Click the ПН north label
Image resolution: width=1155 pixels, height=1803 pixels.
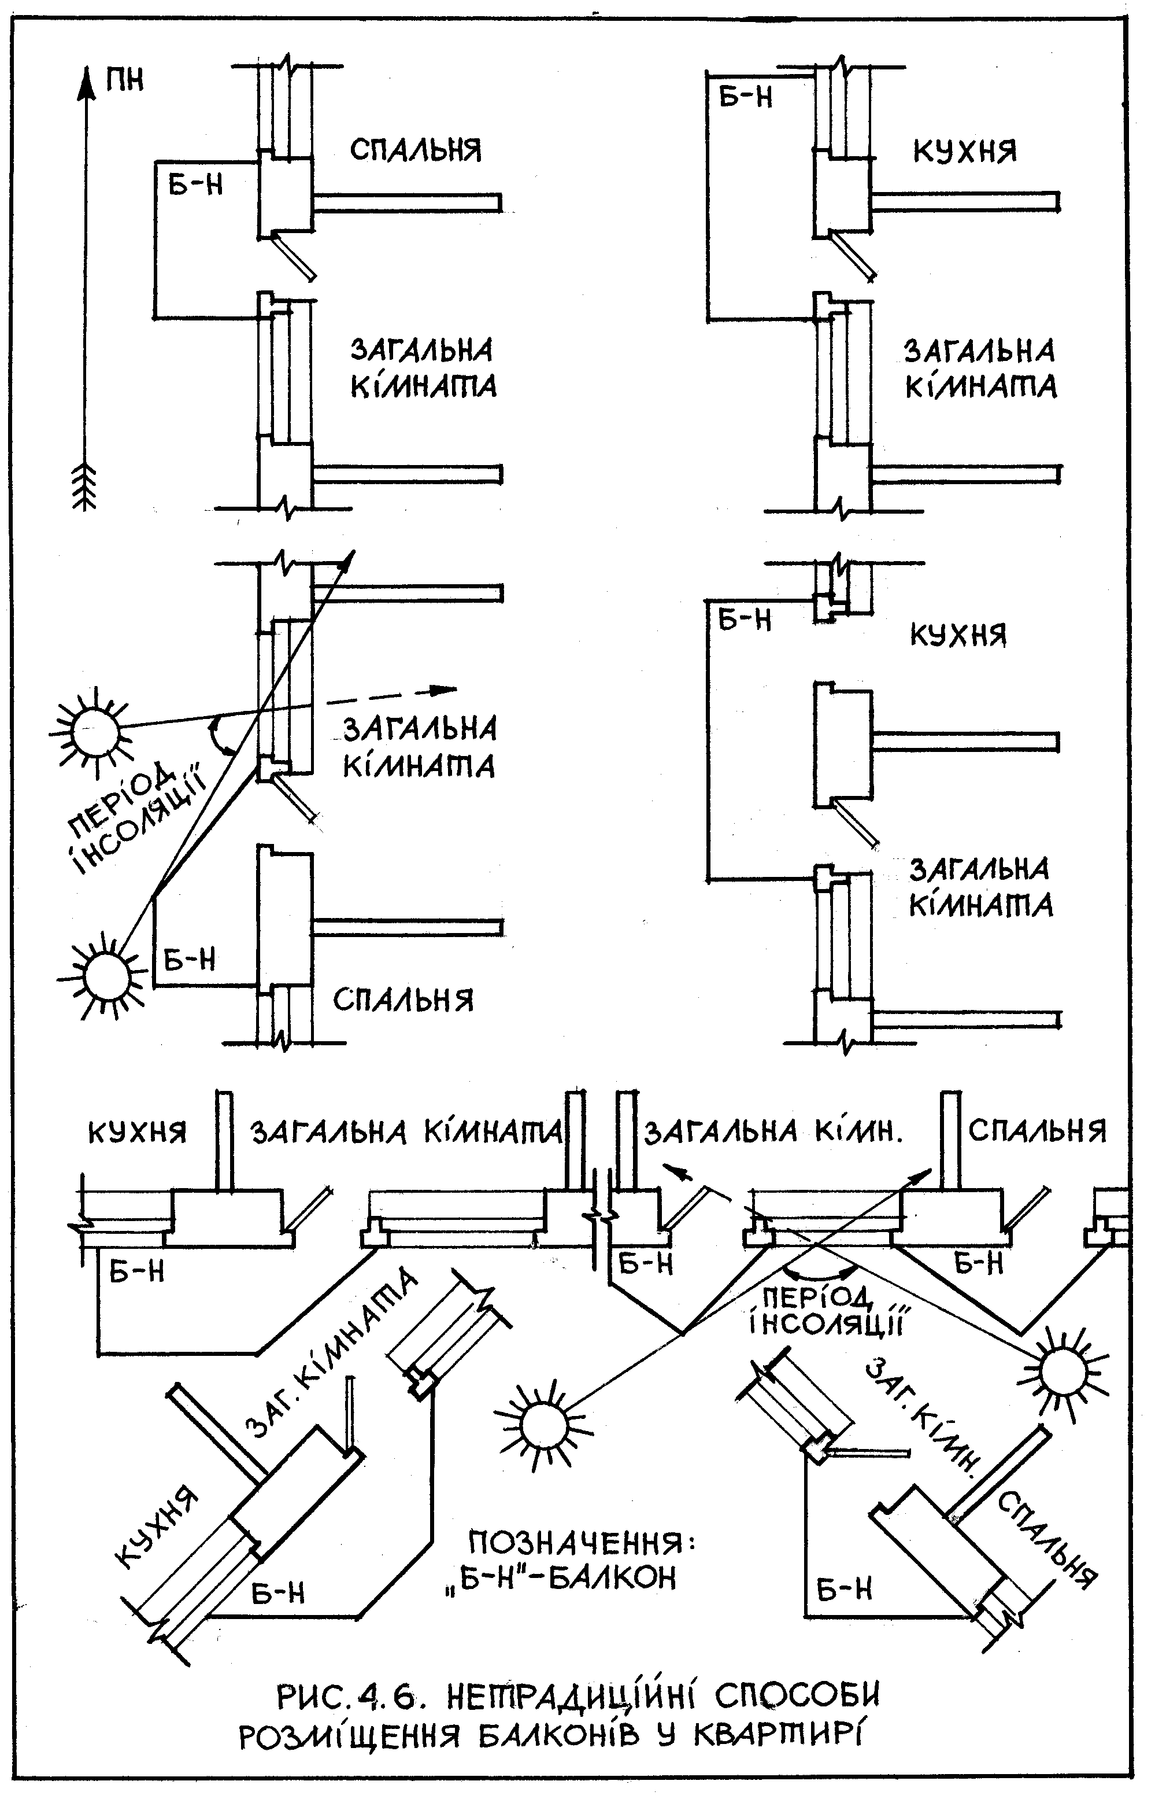[124, 79]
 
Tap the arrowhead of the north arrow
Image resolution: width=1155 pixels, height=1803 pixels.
[88, 83]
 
